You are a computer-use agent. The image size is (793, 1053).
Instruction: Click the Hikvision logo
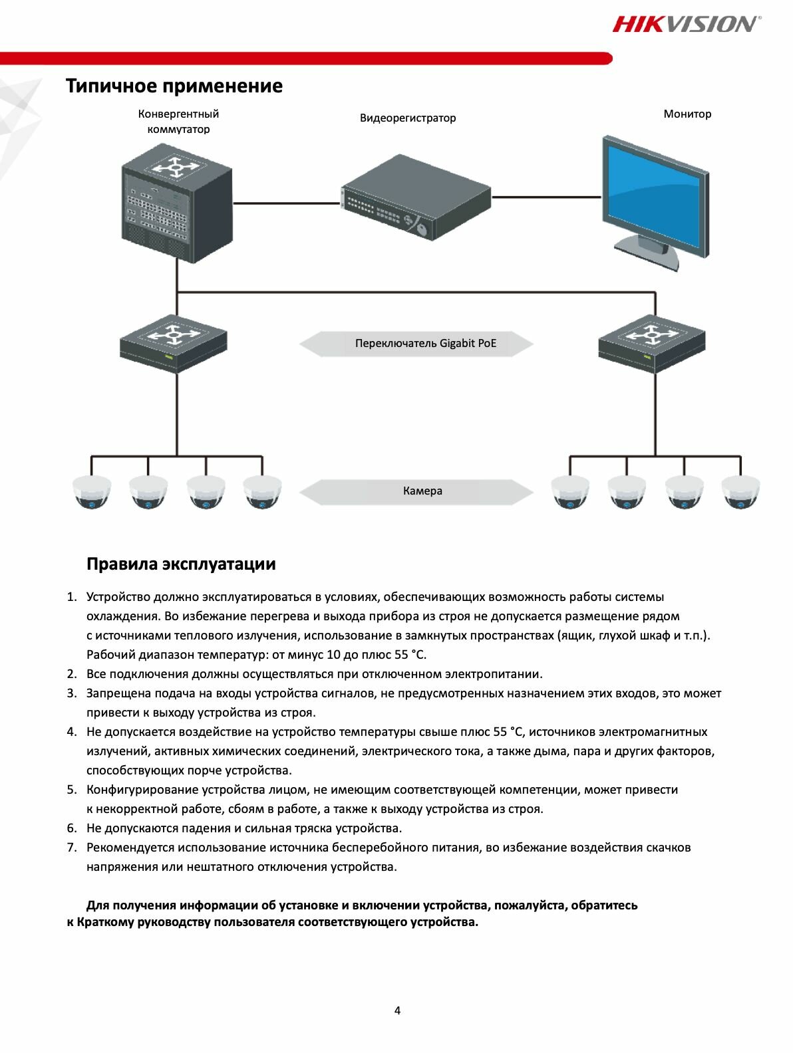click(x=686, y=24)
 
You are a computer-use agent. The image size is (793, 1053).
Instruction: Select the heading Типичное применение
click(x=174, y=86)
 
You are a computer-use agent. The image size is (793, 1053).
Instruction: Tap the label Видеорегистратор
click(x=408, y=118)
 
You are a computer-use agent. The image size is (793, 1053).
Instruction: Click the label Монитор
click(x=687, y=114)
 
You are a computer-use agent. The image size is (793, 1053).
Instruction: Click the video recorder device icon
click(x=416, y=197)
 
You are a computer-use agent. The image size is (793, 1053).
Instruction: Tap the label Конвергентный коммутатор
click(x=178, y=121)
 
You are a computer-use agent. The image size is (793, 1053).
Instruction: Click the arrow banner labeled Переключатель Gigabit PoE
click(x=416, y=344)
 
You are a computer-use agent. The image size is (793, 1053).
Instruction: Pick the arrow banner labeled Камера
click(x=416, y=491)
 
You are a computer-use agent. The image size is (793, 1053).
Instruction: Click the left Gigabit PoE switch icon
click(x=174, y=344)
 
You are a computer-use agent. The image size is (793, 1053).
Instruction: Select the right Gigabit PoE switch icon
click(x=651, y=344)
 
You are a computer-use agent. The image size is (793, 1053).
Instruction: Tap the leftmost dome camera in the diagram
click(x=92, y=493)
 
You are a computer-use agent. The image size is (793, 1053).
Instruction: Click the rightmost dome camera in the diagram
click(x=741, y=493)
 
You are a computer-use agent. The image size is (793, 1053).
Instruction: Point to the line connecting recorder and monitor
click(x=547, y=197)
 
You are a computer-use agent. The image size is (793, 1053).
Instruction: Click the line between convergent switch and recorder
click(x=286, y=203)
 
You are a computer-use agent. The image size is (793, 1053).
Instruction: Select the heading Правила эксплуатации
click(x=181, y=564)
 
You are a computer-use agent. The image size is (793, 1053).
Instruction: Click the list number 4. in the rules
click(x=72, y=732)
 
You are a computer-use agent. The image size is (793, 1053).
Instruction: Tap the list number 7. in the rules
click(x=72, y=848)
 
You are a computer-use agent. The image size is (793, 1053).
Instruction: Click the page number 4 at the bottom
click(x=398, y=1010)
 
